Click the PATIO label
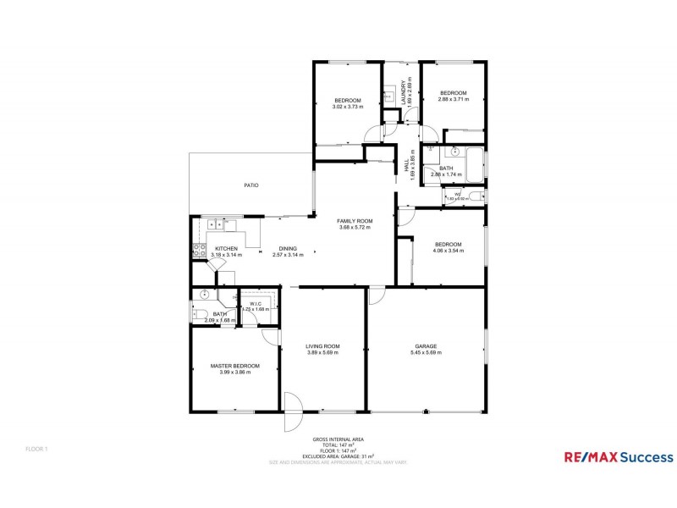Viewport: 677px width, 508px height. (x=251, y=185)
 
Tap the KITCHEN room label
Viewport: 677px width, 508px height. (x=224, y=248)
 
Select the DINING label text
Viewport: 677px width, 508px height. (x=288, y=248)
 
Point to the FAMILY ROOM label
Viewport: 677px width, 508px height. (x=355, y=221)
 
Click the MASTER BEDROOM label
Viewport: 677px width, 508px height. (x=234, y=366)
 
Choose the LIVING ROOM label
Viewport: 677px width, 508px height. (x=322, y=345)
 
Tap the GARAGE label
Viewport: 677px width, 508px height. (x=425, y=345)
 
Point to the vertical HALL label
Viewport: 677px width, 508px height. (x=407, y=169)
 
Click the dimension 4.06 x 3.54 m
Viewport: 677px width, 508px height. (x=449, y=251)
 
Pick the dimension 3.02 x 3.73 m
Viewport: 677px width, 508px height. (x=347, y=108)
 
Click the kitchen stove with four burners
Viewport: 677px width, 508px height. (x=200, y=250)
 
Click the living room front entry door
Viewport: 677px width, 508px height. (x=292, y=413)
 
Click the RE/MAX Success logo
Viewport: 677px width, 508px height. (x=619, y=457)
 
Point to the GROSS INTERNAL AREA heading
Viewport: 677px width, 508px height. (x=338, y=439)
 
